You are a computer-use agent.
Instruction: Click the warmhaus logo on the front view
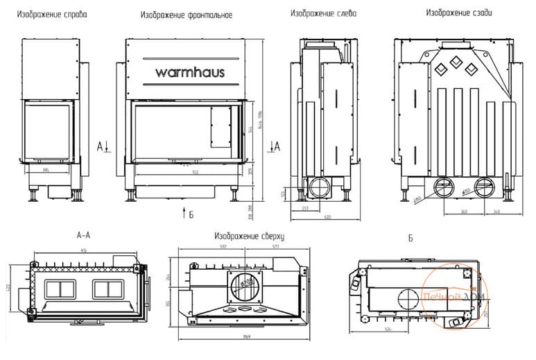189,71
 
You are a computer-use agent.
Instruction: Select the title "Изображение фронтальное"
186,15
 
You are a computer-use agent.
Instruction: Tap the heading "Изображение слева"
324,13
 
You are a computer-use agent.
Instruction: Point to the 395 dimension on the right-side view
46,169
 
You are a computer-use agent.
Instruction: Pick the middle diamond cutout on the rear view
456,61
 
